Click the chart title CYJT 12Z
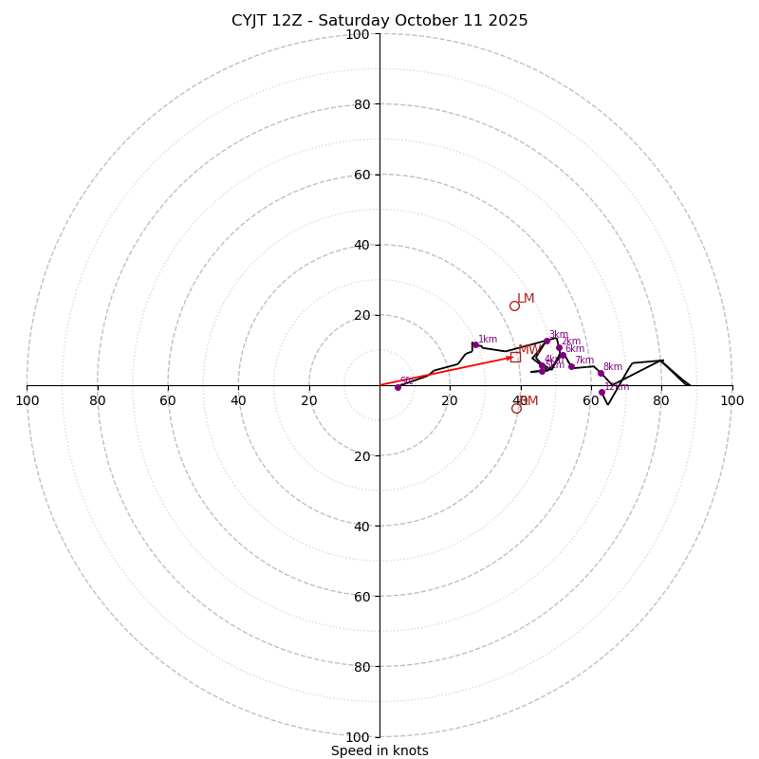coord(379,21)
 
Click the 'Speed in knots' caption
coord(379,751)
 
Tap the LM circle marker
coord(514,305)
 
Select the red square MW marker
coord(515,357)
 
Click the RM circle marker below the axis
coord(516,408)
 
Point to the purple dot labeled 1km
coord(474,345)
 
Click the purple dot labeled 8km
coord(601,373)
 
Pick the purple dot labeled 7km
coord(571,366)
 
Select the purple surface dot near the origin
coord(398,387)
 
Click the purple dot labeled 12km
coord(602,392)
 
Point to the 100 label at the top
coord(357,34)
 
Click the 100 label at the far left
coord(27,400)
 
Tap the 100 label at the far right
coord(731,400)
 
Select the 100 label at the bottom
coord(357,737)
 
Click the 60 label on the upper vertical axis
coord(361,175)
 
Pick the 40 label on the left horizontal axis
coord(238,400)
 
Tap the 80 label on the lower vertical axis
coord(361,667)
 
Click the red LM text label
coord(526,299)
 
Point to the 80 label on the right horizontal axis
coord(661,400)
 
